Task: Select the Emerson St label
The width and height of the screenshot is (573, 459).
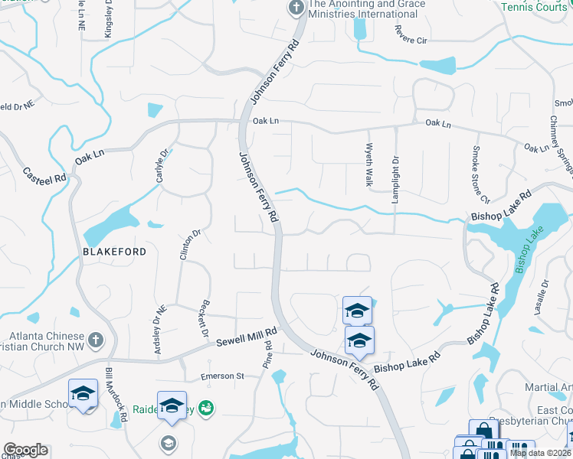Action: (x=221, y=376)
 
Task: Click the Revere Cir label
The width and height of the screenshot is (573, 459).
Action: (x=410, y=34)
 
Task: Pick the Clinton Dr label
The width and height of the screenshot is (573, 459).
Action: (x=185, y=246)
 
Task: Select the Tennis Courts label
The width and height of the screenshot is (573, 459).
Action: (x=535, y=7)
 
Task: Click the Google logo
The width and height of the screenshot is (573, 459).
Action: (x=25, y=450)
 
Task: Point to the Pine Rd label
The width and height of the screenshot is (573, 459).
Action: (x=268, y=355)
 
